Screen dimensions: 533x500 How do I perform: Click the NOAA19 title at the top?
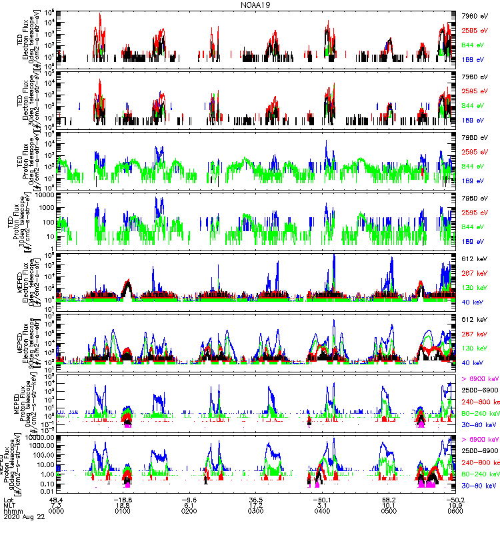251,5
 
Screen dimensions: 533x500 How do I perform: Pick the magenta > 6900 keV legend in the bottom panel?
480,440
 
